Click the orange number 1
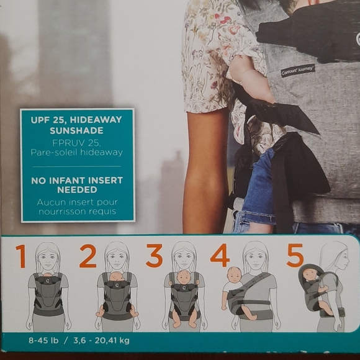click(21, 256)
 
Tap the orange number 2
click(88, 256)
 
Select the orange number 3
click(155, 256)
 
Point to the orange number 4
click(220, 255)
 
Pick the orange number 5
click(295, 255)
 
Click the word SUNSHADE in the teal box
click(76, 130)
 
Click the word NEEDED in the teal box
click(77, 190)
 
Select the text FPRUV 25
click(77, 143)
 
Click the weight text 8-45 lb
click(43, 340)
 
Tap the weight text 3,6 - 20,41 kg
click(101, 340)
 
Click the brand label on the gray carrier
click(298, 71)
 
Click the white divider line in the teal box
click(77, 166)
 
